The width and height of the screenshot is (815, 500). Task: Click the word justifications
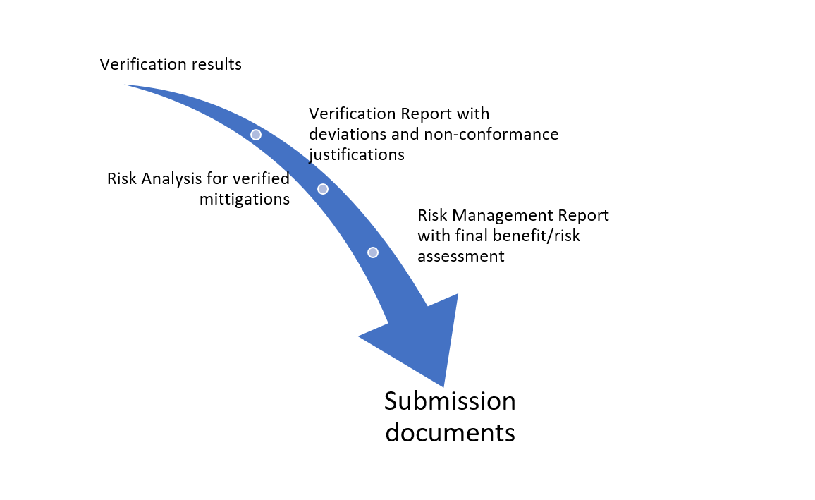click(x=357, y=154)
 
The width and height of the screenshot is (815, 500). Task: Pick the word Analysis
click(x=172, y=179)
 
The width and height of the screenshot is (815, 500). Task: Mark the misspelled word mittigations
click(x=244, y=199)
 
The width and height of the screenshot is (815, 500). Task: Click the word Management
click(x=503, y=215)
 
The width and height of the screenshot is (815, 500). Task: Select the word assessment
click(x=461, y=256)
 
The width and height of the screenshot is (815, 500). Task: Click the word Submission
click(x=450, y=401)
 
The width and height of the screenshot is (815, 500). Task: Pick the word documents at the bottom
click(x=450, y=432)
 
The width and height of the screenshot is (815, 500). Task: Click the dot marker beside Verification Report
click(x=256, y=134)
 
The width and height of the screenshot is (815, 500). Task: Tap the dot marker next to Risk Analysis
click(x=323, y=189)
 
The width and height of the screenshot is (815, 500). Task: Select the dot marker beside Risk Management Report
click(x=373, y=252)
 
